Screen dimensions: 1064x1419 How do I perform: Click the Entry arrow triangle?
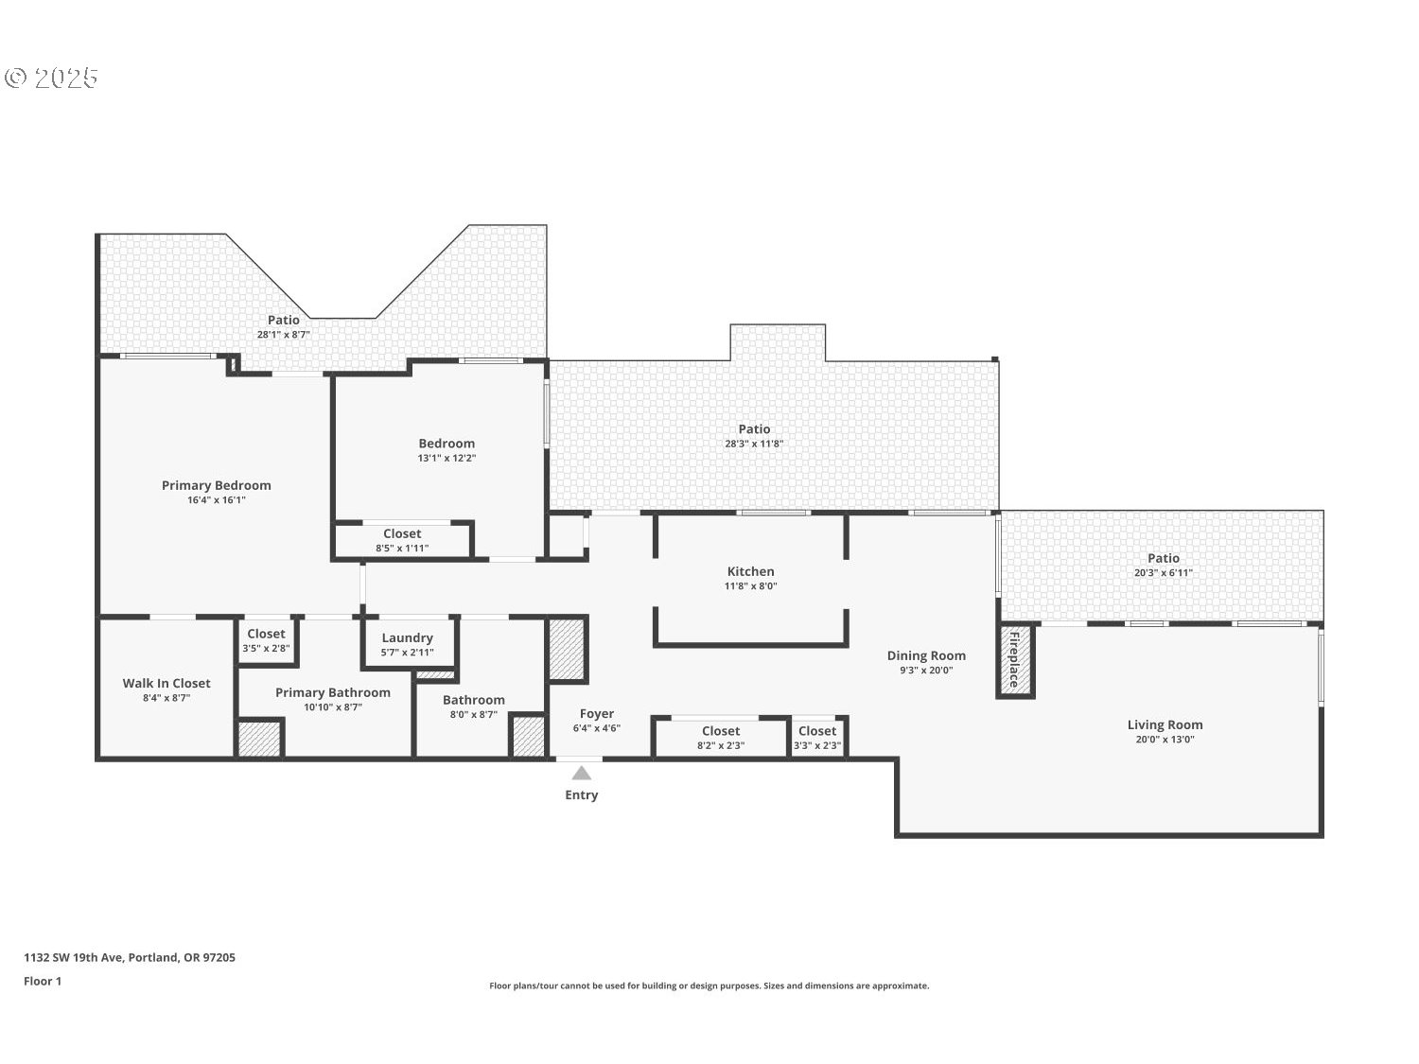coord(582,773)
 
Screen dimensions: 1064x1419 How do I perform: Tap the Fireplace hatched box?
coord(1015,660)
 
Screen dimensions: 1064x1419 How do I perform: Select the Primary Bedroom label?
coord(216,485)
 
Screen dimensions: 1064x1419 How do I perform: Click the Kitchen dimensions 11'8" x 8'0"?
coord(750,586)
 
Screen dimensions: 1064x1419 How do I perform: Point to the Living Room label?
coord(1165,724)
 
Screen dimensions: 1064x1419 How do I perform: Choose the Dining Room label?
coord(926,655)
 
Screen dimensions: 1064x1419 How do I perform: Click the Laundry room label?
coord(407,637)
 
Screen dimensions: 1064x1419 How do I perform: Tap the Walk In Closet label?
coord(166,683)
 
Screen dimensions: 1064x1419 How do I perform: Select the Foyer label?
coord(597,713)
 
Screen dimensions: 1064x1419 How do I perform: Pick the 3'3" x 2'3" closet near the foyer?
coord(816,731)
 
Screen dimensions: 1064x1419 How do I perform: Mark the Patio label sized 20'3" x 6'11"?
coord(1163,558)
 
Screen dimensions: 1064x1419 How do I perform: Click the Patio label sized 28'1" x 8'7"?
coord(283,320)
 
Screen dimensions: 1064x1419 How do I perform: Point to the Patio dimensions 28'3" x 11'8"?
coord(754,444)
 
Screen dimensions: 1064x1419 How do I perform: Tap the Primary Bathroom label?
coord(332,692)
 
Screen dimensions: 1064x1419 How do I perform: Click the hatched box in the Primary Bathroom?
coord(260,739)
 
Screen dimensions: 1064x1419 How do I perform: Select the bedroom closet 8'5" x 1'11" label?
coord(402,533)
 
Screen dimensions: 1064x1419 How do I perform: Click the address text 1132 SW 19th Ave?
coord(130,957)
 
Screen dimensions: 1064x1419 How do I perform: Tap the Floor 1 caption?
coord(43,981)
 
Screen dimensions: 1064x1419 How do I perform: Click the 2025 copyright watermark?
coord(52,78)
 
